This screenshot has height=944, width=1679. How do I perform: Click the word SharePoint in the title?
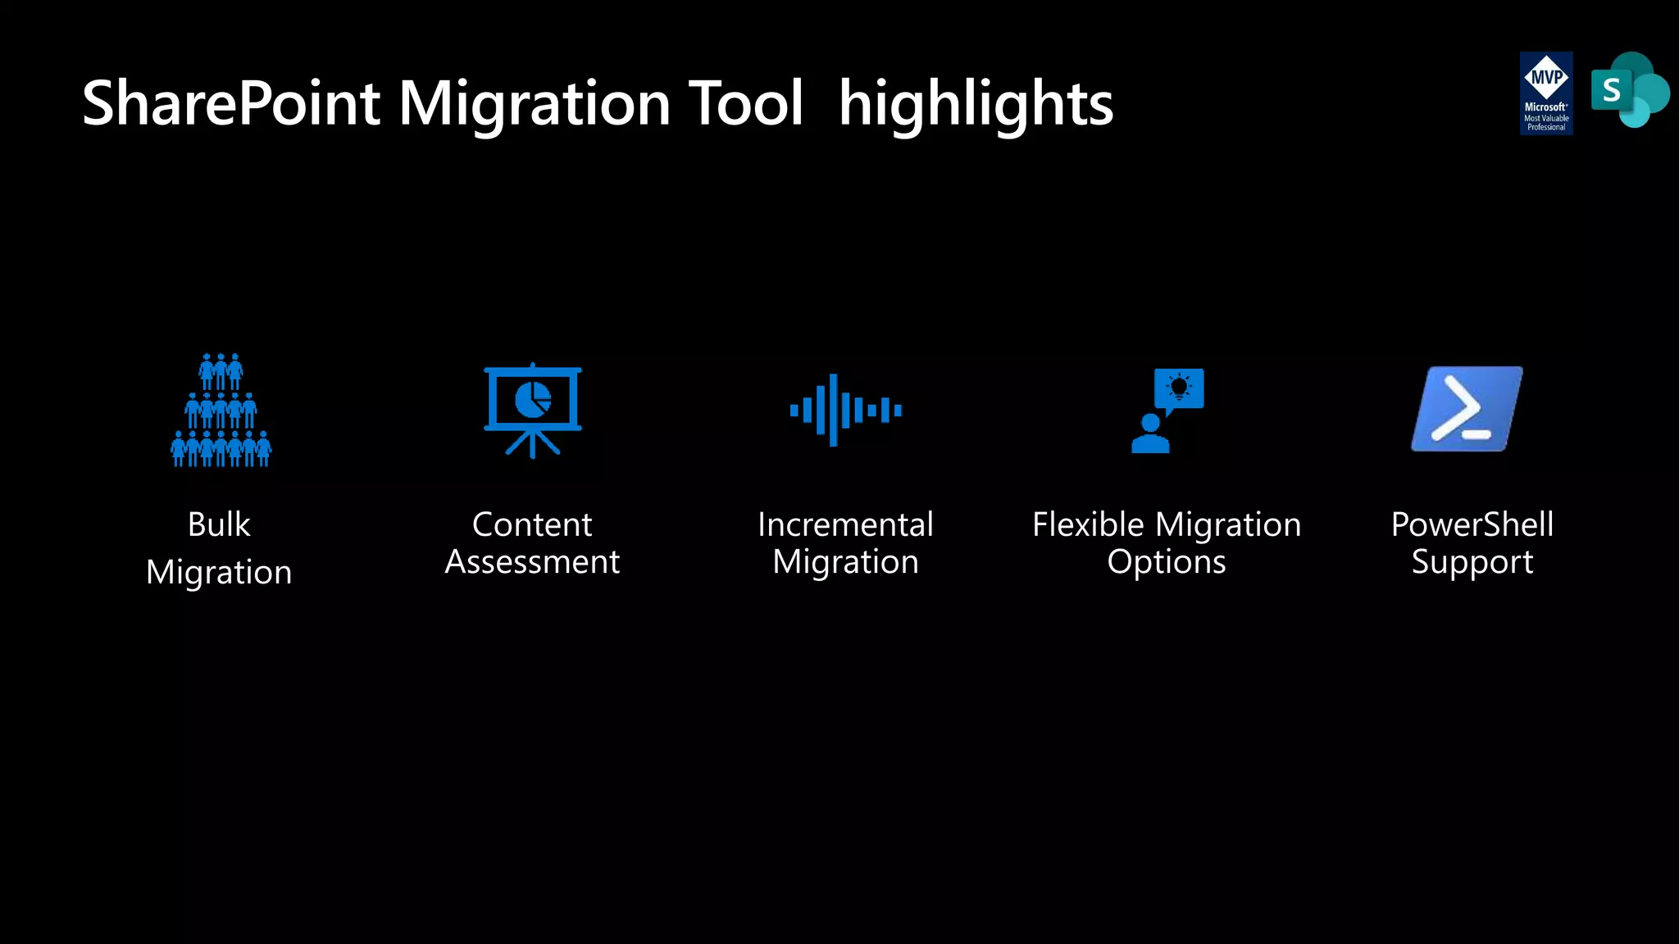coord(231,104)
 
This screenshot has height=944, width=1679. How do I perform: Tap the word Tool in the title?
coord(745,104)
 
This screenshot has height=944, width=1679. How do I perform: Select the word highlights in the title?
coord(976,104)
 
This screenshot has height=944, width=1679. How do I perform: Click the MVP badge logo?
coord(1546,93)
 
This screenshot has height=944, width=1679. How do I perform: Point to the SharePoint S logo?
coord(1629,90)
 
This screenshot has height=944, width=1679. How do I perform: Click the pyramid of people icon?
coord(221,411)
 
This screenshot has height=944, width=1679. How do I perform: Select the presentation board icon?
coord(533,410)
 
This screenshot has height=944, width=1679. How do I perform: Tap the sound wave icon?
coord(845,410)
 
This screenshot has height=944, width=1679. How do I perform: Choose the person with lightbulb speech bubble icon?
coord(1167,411)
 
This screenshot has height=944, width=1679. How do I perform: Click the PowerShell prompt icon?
coord(1467,409)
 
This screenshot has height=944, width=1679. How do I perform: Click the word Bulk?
coord(219,524)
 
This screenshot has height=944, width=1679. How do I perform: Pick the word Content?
coord(532,524)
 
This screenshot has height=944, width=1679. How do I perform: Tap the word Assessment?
coord(532,562)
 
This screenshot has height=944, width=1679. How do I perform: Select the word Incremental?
coord(845,524)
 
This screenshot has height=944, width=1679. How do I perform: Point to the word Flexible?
coord(1088,524)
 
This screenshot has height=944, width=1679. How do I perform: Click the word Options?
coord(1167,562)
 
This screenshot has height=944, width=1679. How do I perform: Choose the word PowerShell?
coord(1472,524)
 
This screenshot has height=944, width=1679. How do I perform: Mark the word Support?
coord(1472,562)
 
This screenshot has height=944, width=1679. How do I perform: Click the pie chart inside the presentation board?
coord(533,399)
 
